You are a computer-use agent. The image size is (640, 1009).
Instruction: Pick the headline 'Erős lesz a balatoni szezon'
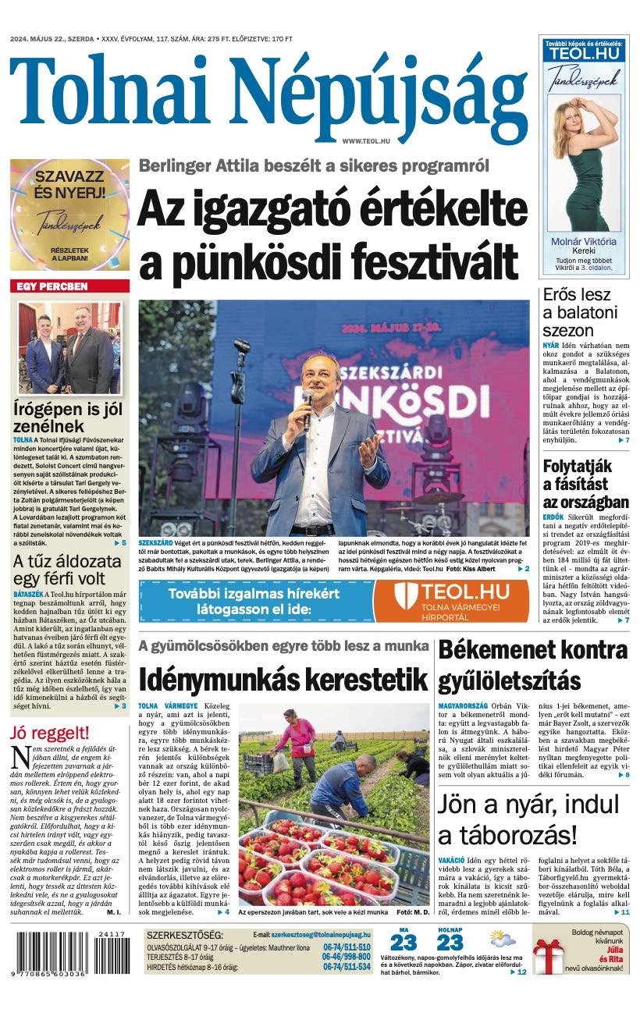[581, 313]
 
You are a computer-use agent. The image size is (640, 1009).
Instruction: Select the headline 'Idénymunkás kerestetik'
[284, 680]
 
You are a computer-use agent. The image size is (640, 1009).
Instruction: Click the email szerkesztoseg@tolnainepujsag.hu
[322, 934]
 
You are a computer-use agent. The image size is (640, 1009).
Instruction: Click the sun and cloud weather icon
[503, 939]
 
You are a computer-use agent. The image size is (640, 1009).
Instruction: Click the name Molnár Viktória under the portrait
[583, 242]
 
